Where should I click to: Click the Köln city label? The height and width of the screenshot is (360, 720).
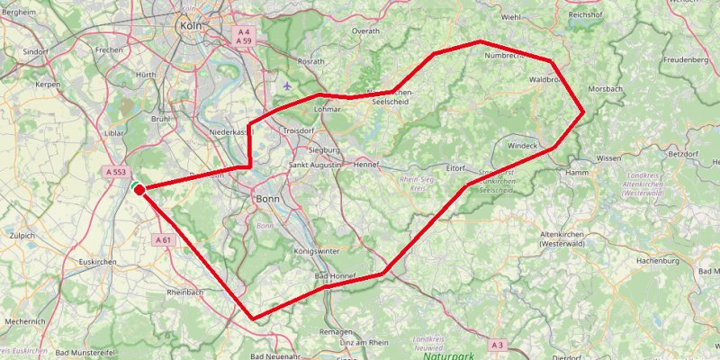pyautogui.click(x=190, y=25)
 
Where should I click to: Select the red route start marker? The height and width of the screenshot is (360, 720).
pyautogui.click(x=139, y=189)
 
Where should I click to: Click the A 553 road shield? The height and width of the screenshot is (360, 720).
pyautogui.click(x=114, y=171)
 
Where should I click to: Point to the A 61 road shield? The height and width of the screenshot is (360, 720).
pyautogui.click(x=163, y=240)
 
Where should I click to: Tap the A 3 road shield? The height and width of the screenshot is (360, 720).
pyautogui.click(x=498, y=345)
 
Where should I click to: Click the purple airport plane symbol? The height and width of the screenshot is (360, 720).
pyautogui.click(x=286, y=85)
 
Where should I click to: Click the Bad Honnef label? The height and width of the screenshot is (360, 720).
pyautogui.click(x=334, y=275)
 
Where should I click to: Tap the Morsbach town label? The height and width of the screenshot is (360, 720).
pyautogui.click(x=605, y=90)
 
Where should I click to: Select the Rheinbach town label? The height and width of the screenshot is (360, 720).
pyautogui.click(x=186, y=292)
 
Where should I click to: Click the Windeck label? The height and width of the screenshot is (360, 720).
pyautogui.click(x=522, y=145)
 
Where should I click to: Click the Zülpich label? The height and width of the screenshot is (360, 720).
pyautogui.click(x=19, y=235)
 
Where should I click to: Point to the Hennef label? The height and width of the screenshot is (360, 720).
pyautogui.click(x=366, y=166)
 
